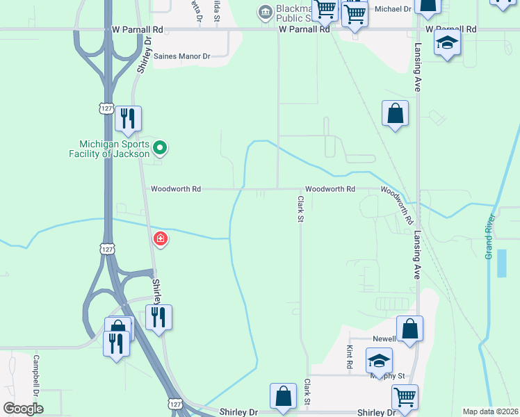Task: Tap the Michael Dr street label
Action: (x=393, y=9)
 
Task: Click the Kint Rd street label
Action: (x=349, y=359)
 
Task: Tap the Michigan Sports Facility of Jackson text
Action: (x=110, y=149)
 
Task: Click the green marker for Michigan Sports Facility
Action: (x=160, y=147)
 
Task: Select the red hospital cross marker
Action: (x=161, y=239)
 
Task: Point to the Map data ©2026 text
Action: (x=490, y=411)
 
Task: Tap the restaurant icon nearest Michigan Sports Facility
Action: (x=127, y=120)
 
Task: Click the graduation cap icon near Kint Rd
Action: (x=379, y=361)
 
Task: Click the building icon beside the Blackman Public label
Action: (x=264, y=12)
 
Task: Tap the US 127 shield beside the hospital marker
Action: (x=106, y=249)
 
